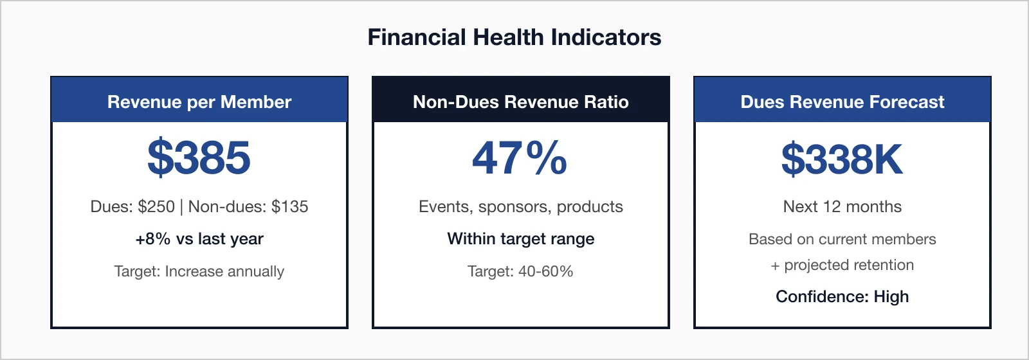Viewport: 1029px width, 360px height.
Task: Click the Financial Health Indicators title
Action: (x=514, y=37)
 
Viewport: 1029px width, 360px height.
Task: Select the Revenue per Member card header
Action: (x=199, y=102)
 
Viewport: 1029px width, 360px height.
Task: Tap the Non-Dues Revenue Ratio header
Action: (x=521, y=102)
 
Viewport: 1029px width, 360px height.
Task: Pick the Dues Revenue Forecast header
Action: (x=842, y=102)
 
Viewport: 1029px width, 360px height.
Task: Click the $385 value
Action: (x=199, y=158)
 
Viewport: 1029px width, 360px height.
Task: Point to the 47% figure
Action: (x=520, y=158)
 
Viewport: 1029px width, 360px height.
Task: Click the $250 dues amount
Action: (x=156, y=206)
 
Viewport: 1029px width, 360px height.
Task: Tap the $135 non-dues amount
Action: (x=289, y=206)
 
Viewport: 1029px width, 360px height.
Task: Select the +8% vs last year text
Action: (x=199, y=239)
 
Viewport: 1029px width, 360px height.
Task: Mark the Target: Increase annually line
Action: (x=199, y=271)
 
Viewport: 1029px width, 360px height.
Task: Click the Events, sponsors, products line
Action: (x=521, y=206)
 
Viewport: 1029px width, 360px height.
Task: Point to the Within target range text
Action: (x=521, y=239)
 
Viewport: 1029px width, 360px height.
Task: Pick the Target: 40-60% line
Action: (x=520, y=271)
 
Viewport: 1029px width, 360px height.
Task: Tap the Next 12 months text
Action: (x=842, y=206)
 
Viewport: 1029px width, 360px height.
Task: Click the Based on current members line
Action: (x=842, y=239)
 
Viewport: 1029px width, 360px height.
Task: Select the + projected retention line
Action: (x=842, y=265)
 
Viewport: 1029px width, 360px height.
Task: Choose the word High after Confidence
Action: (x=891, y=296)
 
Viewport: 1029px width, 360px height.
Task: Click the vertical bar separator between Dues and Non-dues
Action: (x=181, y=206)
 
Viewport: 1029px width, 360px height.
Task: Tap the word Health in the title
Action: (x=508, y=37)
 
